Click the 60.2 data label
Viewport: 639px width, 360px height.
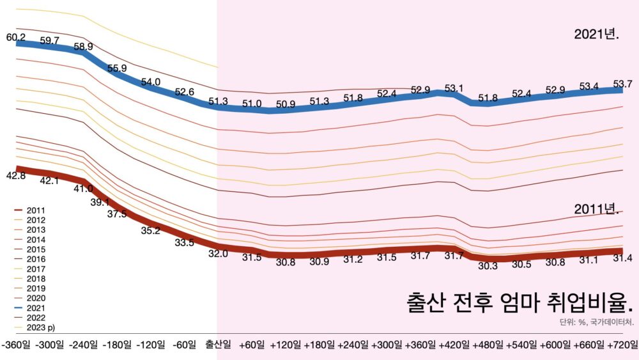tap(16, 38)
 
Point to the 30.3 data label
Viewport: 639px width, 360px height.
tap(487, 266)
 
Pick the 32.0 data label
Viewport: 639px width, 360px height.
tap(218, 253)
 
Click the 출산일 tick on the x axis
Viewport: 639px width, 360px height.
tap(219, 345)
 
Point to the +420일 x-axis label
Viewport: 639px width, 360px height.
tap(454, 345)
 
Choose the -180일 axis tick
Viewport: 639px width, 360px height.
tap(118, 345)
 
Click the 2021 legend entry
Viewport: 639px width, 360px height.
tap(35, 308)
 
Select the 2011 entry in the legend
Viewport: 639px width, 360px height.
tap(35, 210)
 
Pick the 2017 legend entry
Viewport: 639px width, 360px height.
tap(35, 269)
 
